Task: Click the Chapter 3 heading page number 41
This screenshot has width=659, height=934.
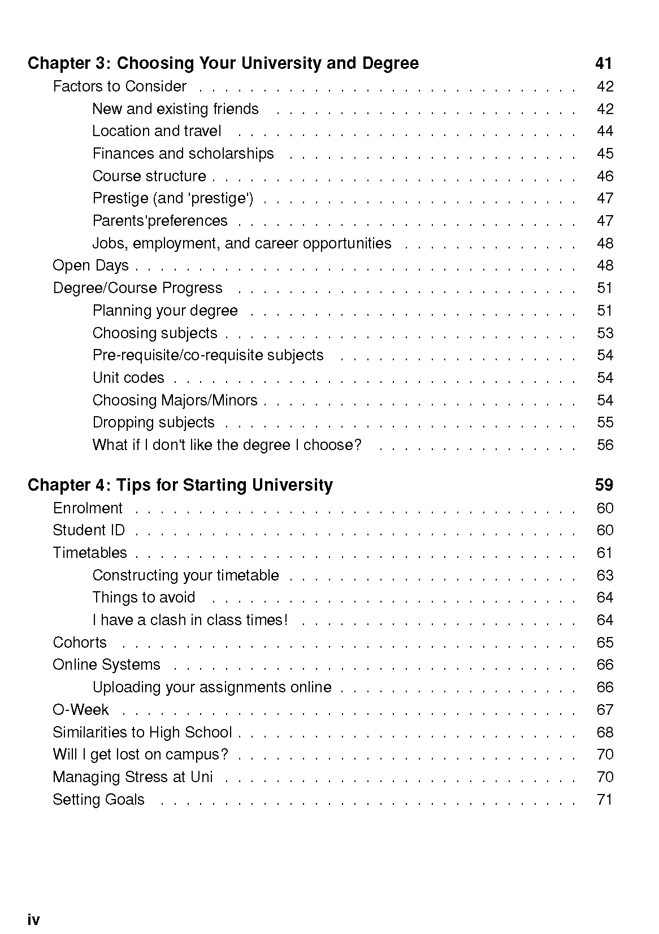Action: tap(604, 63)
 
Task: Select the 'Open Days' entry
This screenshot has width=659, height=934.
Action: tap(90, 265)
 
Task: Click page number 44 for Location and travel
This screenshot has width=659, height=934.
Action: tap(605, 131)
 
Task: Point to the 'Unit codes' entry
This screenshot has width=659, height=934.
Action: tap(128, 378)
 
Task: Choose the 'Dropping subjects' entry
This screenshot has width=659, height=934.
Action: tap(153, 422)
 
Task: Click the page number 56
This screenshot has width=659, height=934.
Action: tap(605, 445)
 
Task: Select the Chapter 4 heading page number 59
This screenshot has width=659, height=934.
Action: tap(604, 485)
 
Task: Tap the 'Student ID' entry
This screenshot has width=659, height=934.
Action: tap(89, 530)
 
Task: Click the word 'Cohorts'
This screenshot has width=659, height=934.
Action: tap(80, 643)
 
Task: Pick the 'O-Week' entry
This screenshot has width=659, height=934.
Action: tap(81, 710)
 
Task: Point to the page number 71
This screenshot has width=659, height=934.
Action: tap(605, 800)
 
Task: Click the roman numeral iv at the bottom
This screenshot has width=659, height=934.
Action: tap(33, 920)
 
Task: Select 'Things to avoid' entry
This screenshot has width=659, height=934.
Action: tap(144, 597)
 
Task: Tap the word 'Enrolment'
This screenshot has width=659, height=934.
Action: tap(88, 508)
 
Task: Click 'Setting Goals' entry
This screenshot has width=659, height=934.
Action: tap(98, 800)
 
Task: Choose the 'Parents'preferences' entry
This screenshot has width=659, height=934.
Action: tap(160, 221)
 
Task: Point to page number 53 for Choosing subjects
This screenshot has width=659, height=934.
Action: tap(605, 333)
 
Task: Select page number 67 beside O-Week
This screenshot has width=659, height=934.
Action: tap(605, 710)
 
